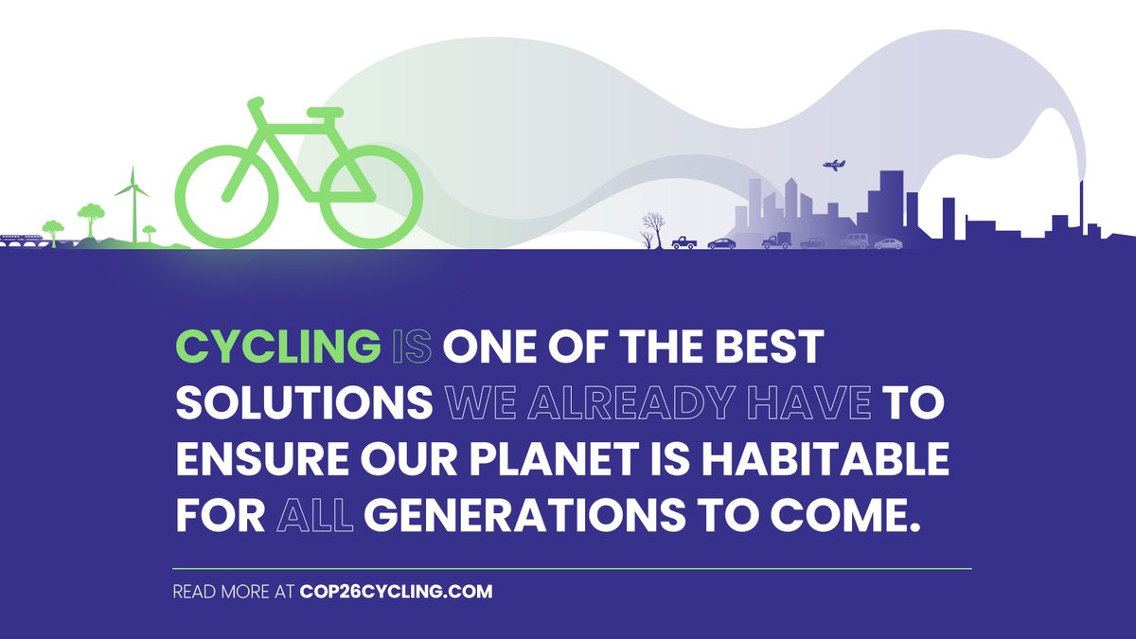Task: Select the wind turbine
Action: [133, 204]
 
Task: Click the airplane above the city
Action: [834, 166]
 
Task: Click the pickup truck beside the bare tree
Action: [683, 242]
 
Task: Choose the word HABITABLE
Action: [831, 460]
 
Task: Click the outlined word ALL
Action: [315, 516]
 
